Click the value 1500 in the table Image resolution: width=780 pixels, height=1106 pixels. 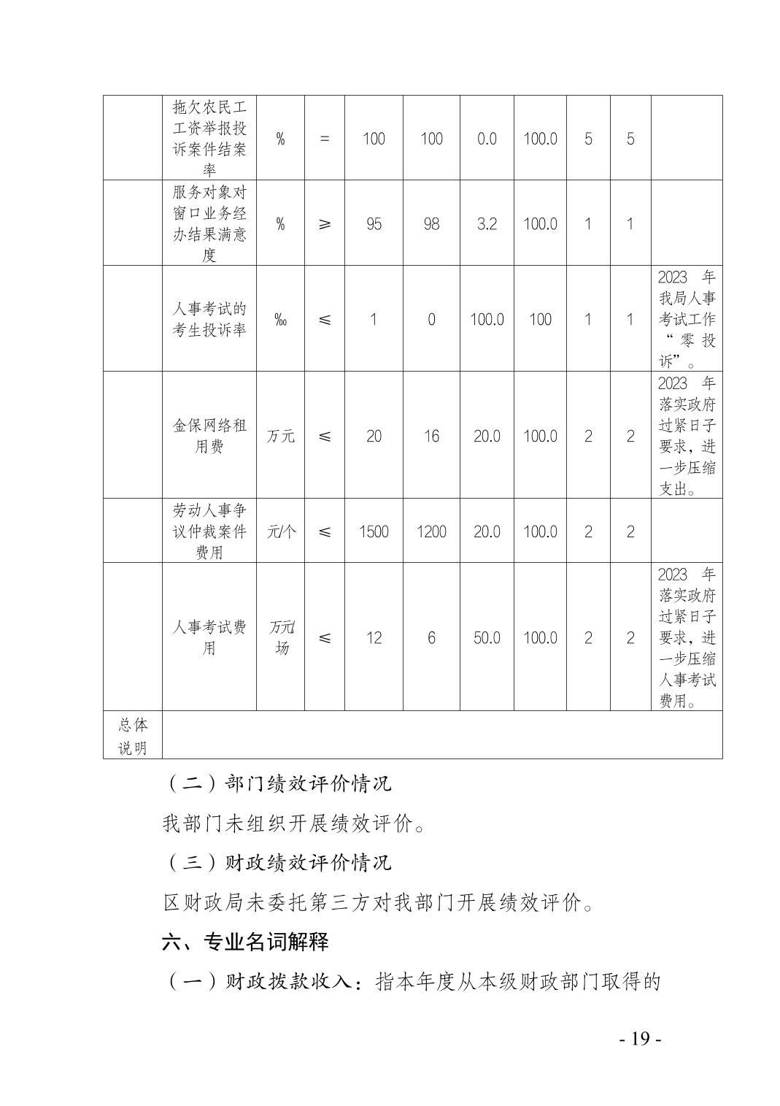374,531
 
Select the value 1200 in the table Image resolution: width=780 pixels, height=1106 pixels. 431,531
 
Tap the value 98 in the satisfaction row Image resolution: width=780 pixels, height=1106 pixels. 431,223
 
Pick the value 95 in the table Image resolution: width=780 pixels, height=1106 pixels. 374,223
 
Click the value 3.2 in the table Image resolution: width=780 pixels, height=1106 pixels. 487,223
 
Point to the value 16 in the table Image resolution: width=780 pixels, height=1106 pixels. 431,436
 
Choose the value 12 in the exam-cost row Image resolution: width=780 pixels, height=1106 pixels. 374,637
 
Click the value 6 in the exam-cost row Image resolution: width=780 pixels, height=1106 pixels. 431,637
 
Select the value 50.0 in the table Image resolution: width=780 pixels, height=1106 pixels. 487,637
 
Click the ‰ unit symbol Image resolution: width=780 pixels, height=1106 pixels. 280,319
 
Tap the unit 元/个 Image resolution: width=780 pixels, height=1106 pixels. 281,531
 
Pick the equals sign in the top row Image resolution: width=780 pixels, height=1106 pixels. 325,139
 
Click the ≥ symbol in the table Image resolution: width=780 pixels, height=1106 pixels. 325,223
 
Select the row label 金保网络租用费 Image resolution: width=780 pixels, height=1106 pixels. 209,436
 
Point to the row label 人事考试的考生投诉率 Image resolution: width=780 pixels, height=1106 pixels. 209,319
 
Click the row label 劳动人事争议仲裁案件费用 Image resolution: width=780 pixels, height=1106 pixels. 209,531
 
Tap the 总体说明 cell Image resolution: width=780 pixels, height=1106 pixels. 133,736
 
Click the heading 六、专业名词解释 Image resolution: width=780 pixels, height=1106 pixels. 245,942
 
